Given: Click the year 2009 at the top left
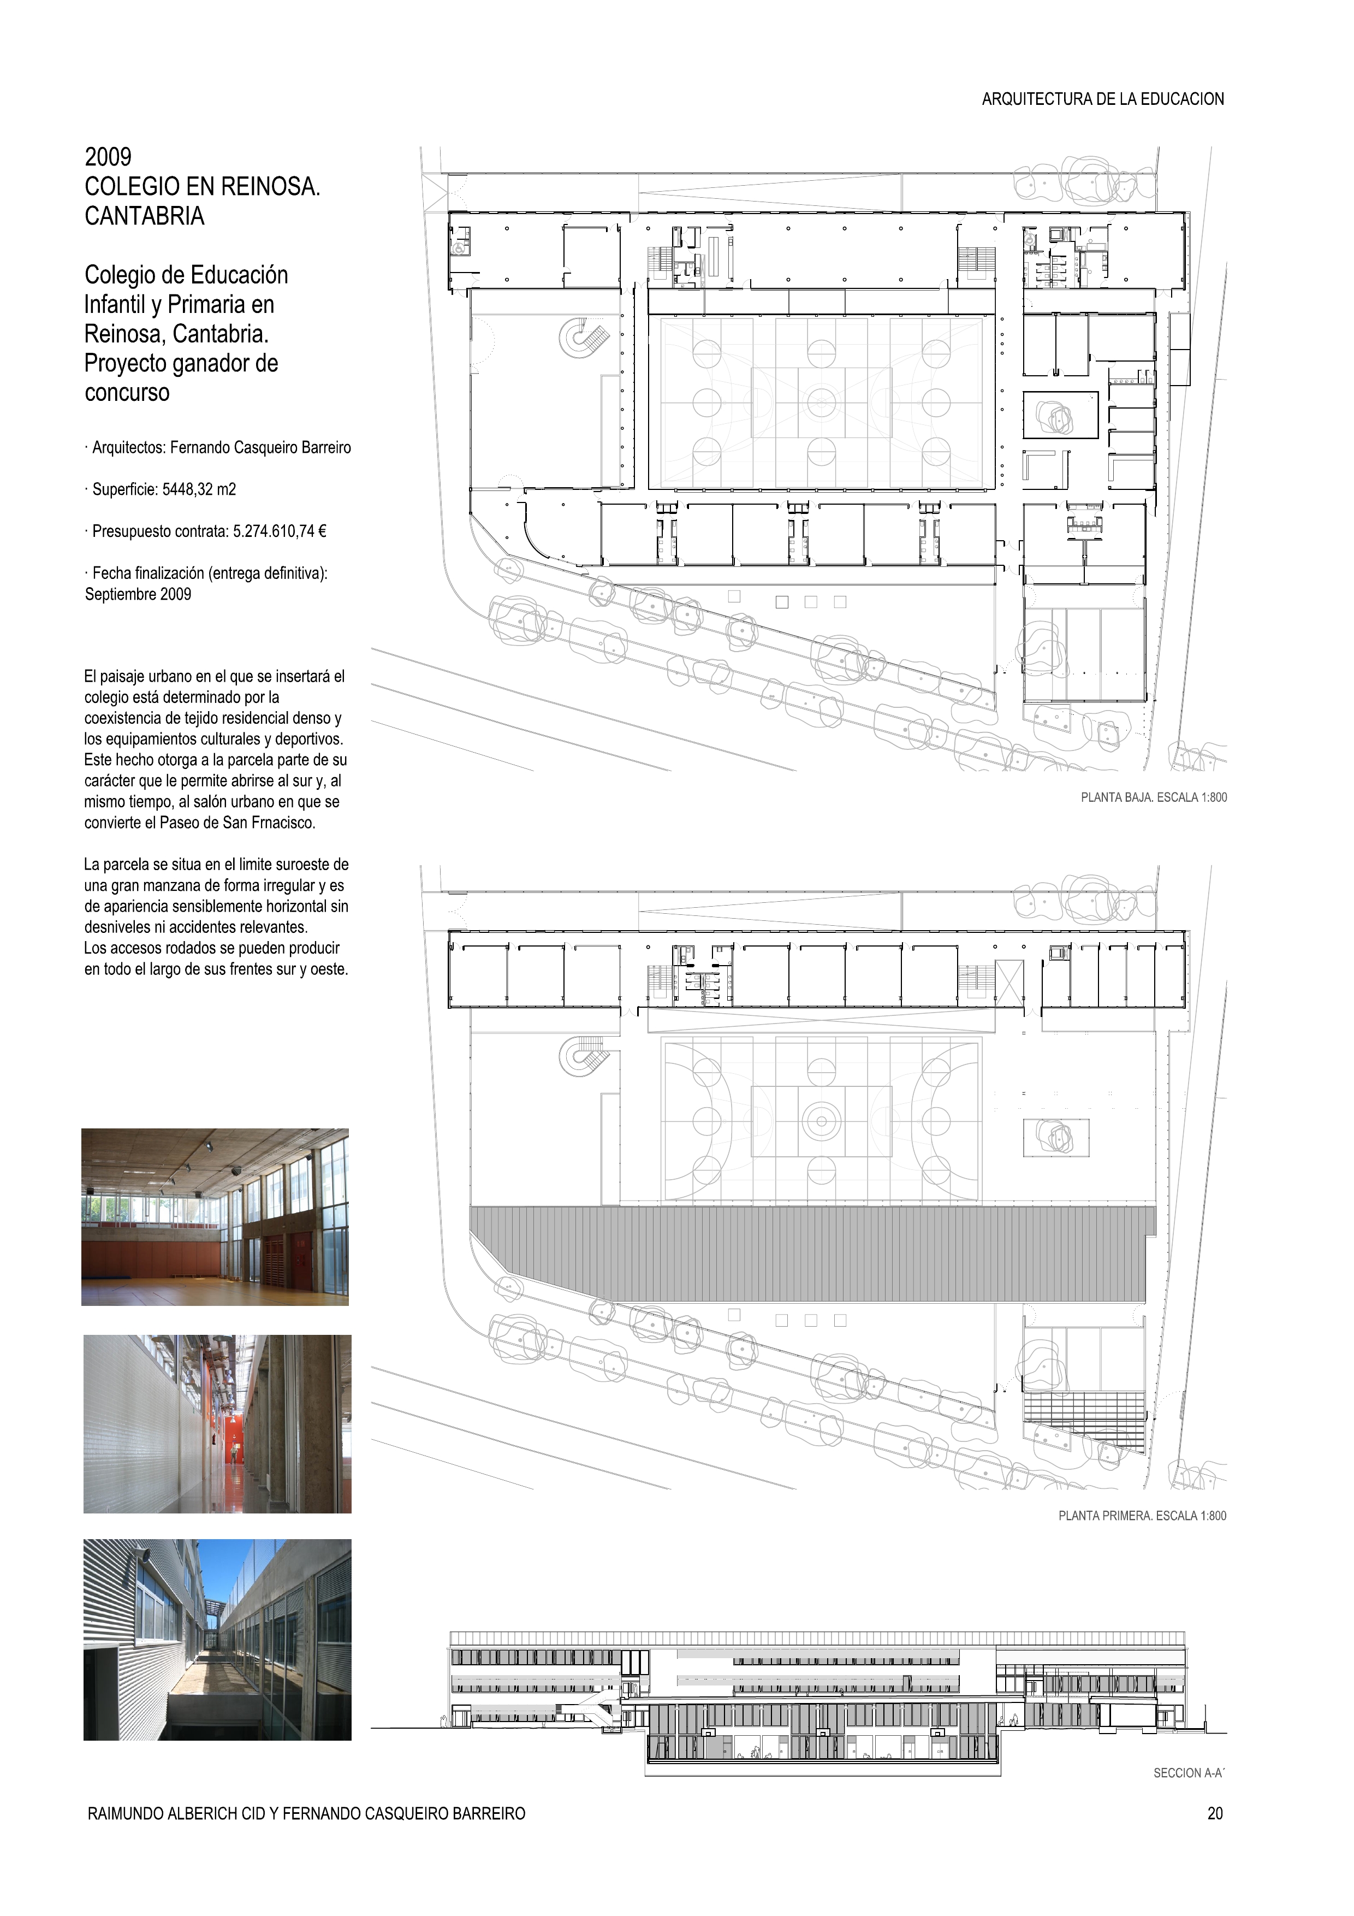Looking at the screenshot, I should (x=109, y=157).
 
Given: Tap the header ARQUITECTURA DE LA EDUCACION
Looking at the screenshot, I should (x=1102, y=99).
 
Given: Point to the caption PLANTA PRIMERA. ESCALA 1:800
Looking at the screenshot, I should (x=1142, y=1516).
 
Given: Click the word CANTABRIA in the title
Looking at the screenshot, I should (x=144, y=216).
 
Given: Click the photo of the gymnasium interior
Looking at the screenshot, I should (x=215, y=1217).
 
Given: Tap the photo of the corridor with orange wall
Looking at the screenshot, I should (x=217, y=1424).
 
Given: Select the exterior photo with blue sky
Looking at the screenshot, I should (x=217, y=1639).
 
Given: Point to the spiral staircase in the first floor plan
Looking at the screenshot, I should (x=581, y=1057).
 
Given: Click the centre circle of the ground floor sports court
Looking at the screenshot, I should (x=821, y=404).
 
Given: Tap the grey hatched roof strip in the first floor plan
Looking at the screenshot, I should (x=812, y=1253).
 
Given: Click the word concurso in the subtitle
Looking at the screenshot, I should (x=127, y=393).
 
